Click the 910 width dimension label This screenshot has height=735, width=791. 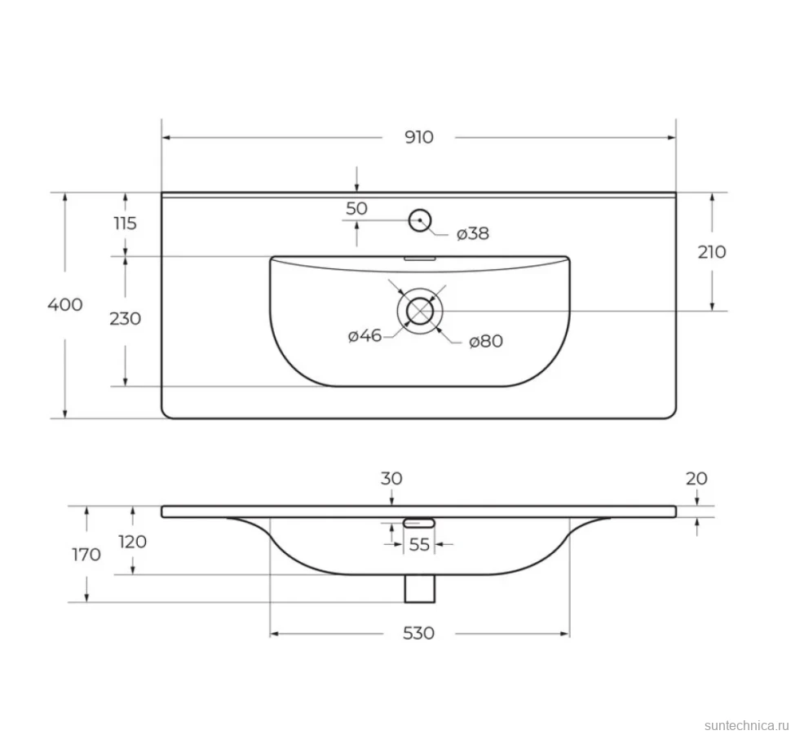418,137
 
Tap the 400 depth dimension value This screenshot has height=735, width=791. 65,304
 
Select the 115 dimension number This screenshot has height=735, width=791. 125,223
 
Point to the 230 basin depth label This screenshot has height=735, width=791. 125,318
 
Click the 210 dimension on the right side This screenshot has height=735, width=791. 712,251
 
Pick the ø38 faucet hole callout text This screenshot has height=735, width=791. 473,234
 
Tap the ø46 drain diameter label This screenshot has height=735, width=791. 365,335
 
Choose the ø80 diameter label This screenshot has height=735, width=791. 486,341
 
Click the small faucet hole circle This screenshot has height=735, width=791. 420,220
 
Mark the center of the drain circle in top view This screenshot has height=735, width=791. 420,311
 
